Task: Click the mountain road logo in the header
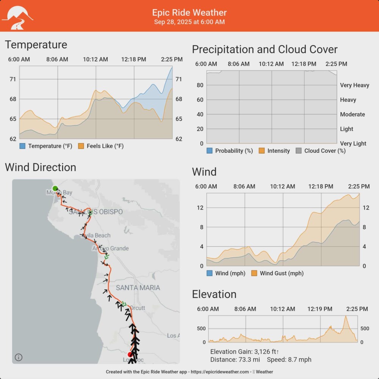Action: pos(17,17)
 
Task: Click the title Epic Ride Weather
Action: pos(189,13)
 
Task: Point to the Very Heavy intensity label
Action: pos(354,85)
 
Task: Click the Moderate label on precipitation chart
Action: pos(352,114)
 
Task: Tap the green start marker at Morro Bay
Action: pos(55,188)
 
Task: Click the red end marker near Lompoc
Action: pos(130,354)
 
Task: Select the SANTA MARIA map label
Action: pos(138,288)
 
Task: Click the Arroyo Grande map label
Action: pos(111,248)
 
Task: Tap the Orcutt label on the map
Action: pos(137,308)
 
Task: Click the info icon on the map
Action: pos(19,357)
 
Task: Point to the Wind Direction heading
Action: pos(41,167)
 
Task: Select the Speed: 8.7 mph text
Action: pos(289,359)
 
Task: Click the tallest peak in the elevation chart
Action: pos(345,317)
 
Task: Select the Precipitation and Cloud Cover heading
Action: pos(265,49)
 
